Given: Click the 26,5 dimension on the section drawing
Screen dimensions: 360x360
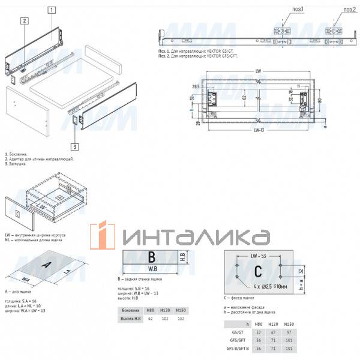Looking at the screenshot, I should pos(196,86).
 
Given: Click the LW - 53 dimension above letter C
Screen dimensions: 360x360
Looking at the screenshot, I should pos(259,256).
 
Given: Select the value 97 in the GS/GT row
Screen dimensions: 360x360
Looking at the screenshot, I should pos(292,332).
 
